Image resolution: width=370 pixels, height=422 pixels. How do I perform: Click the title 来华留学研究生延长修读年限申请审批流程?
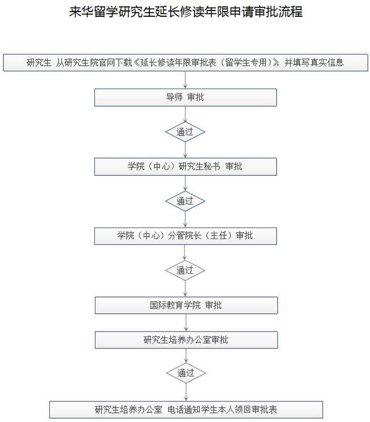[185, 12]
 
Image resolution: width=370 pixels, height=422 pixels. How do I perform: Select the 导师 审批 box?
[185, 97]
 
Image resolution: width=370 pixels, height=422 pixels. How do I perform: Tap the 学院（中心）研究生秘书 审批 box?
[185, 167]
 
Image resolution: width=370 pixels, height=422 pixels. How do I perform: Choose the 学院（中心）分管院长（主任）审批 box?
[185, 236]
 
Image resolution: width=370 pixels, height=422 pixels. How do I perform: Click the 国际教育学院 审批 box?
[185, 305]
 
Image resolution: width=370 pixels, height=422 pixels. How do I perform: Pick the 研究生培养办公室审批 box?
[185, 340]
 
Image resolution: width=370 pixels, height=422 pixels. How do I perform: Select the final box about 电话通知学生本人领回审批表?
[185, 409]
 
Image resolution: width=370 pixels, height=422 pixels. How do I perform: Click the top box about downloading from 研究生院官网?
[185, 63]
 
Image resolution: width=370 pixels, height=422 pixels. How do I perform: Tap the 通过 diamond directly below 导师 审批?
[185, 132]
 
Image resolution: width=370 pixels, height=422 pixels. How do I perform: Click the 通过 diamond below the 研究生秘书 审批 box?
[185, 201]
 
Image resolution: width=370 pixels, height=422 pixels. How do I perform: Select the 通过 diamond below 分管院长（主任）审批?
[185, 270]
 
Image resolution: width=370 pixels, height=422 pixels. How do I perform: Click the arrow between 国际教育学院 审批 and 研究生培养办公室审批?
[185, 322]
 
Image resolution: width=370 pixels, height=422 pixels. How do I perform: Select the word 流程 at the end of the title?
[291, 12]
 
